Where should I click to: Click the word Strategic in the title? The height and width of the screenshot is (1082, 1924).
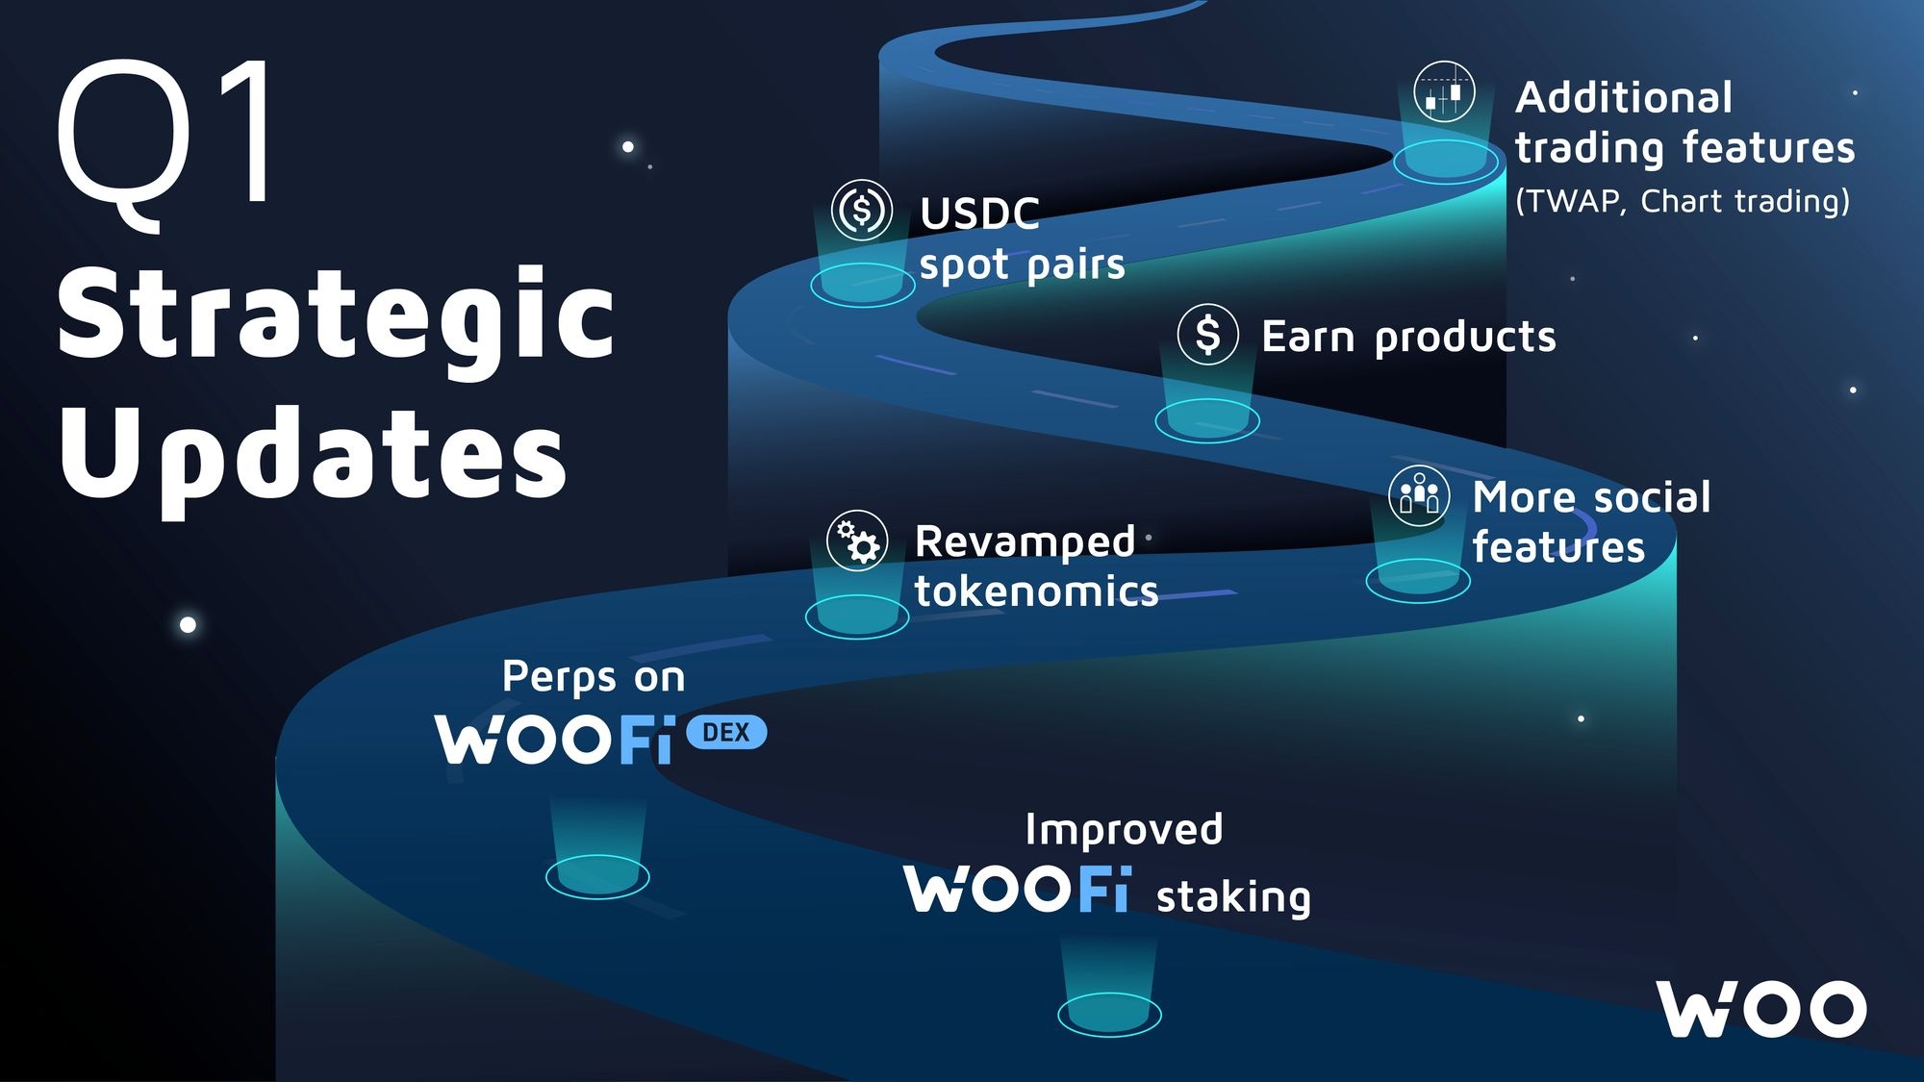tap(335, 315)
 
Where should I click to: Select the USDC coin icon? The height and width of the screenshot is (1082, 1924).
tap(861, 209)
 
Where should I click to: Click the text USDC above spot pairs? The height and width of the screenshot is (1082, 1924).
tap(979, 214)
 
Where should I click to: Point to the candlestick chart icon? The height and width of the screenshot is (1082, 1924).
tap(1443, 92)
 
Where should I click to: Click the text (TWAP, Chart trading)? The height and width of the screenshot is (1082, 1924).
tap(1682, 201)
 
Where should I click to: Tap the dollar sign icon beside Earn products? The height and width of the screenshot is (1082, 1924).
tap(1207, 335)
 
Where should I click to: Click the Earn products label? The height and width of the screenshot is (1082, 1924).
tap(1408, 337)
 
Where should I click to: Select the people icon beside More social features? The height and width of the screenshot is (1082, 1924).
tap(1419, 495)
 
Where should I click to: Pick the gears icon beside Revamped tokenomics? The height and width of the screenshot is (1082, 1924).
tap(856, 541)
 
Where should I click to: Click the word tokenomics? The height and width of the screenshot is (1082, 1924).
tap(1036, 591)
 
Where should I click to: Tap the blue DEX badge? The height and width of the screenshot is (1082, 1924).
tap(726, 733)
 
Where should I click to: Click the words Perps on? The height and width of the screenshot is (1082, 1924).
tap(594, 677)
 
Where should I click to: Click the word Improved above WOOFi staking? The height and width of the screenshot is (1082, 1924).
tap(1124, 829)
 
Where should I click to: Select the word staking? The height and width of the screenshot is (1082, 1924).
tap(1233, 896)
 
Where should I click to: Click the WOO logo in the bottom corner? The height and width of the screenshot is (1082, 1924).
tap(1760, 1010)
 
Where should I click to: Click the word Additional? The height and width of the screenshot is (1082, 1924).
tap(1624, 97)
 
